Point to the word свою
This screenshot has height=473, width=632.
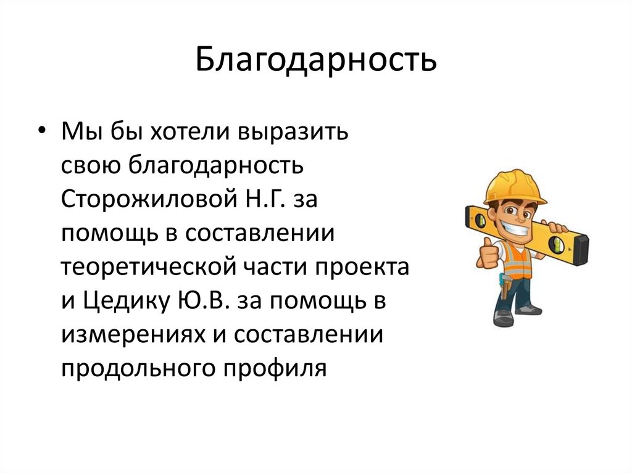coord(92,167)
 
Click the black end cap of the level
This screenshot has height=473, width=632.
coord(580,250)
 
